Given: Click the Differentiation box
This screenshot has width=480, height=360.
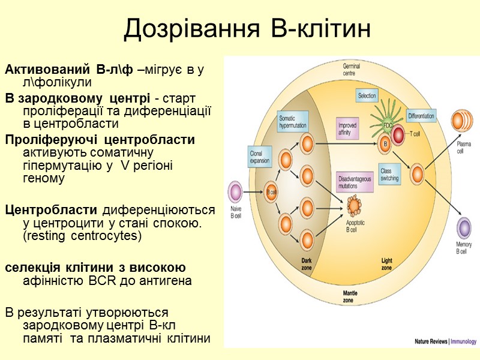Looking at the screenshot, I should [x=421, y=115].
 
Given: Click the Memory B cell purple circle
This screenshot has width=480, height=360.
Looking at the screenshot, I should [x=464, y=229].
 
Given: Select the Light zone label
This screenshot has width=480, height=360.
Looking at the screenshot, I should [x=386, y=263].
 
